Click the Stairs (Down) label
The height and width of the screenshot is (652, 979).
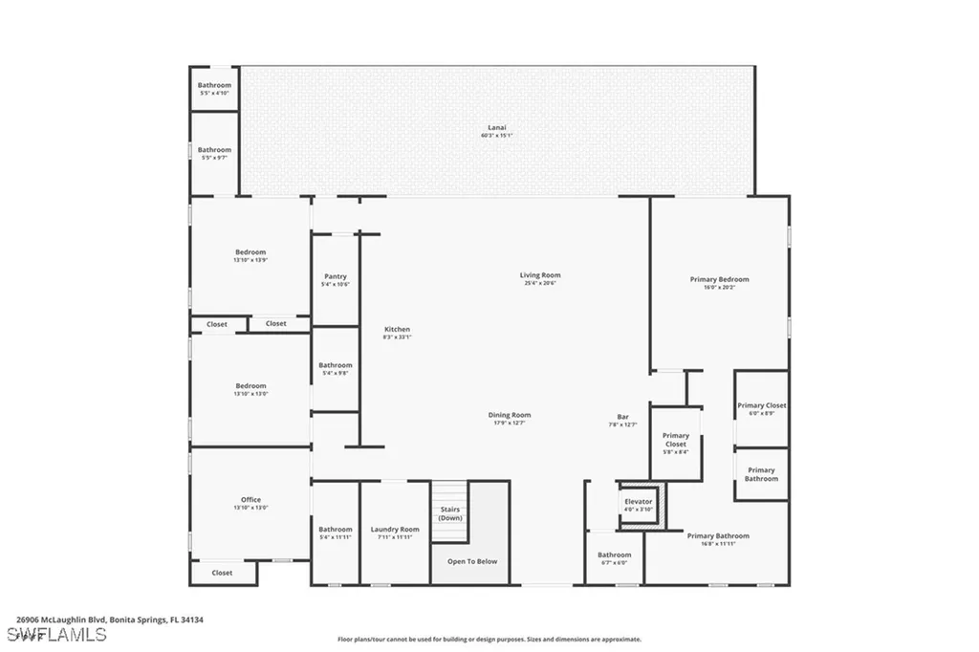click(x=450, y=513)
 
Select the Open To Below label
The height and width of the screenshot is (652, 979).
click(x=472, y=561)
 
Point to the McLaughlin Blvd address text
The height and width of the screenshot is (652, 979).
click(x=110, y=619)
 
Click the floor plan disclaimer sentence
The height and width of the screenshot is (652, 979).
click(x=489, y=640)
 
